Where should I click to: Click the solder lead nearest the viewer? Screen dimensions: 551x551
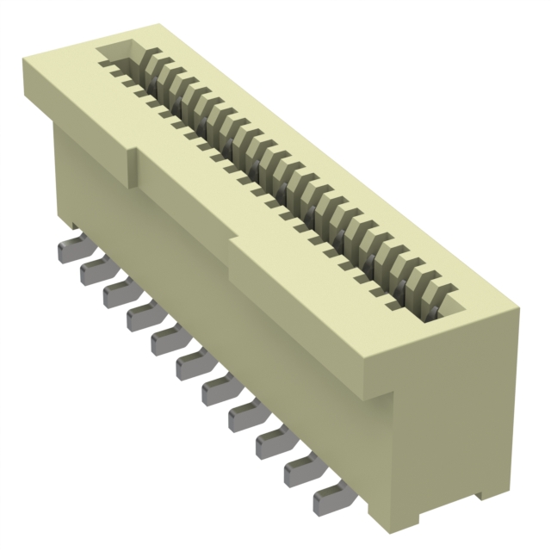327,497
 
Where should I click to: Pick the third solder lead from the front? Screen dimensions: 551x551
271,443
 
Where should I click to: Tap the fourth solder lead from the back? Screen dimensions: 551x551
141,318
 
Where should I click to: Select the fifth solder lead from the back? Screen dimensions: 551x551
165,342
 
